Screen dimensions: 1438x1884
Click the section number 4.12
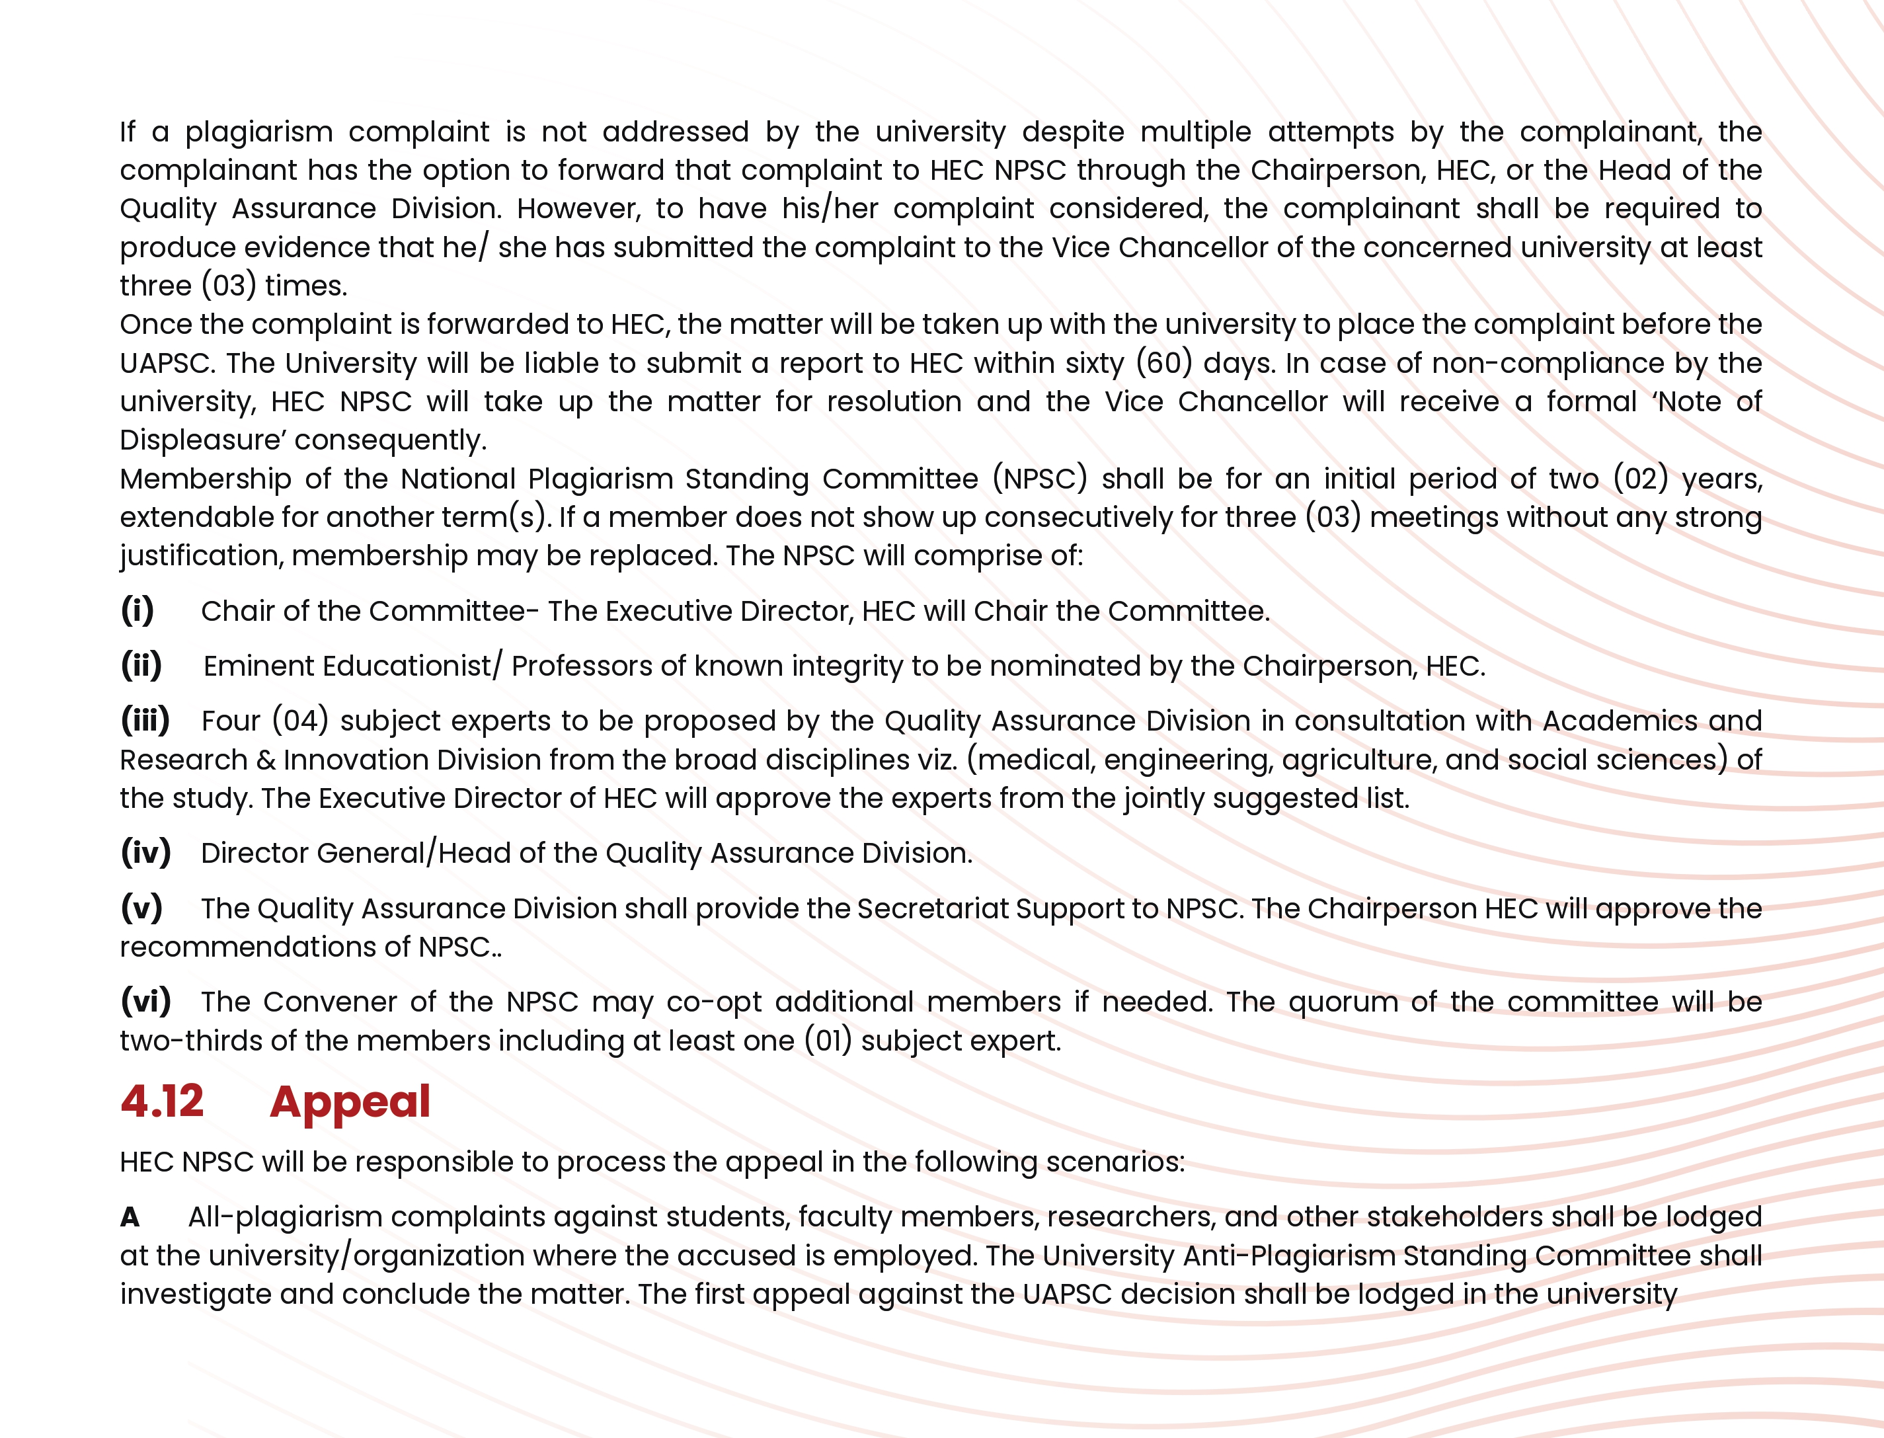point(162,1101)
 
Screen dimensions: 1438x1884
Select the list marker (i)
point(137,610)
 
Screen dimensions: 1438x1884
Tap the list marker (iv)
point(145,852)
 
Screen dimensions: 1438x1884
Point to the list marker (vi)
point(145,1000)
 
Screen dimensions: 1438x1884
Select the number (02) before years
point(1640,479)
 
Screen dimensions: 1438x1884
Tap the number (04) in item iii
point(300,721)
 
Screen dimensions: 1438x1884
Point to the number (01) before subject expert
point(828,1041)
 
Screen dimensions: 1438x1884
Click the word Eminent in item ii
point(258,666)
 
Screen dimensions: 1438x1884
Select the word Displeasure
point(202,440)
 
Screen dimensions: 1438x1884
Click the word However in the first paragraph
point(578,209)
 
